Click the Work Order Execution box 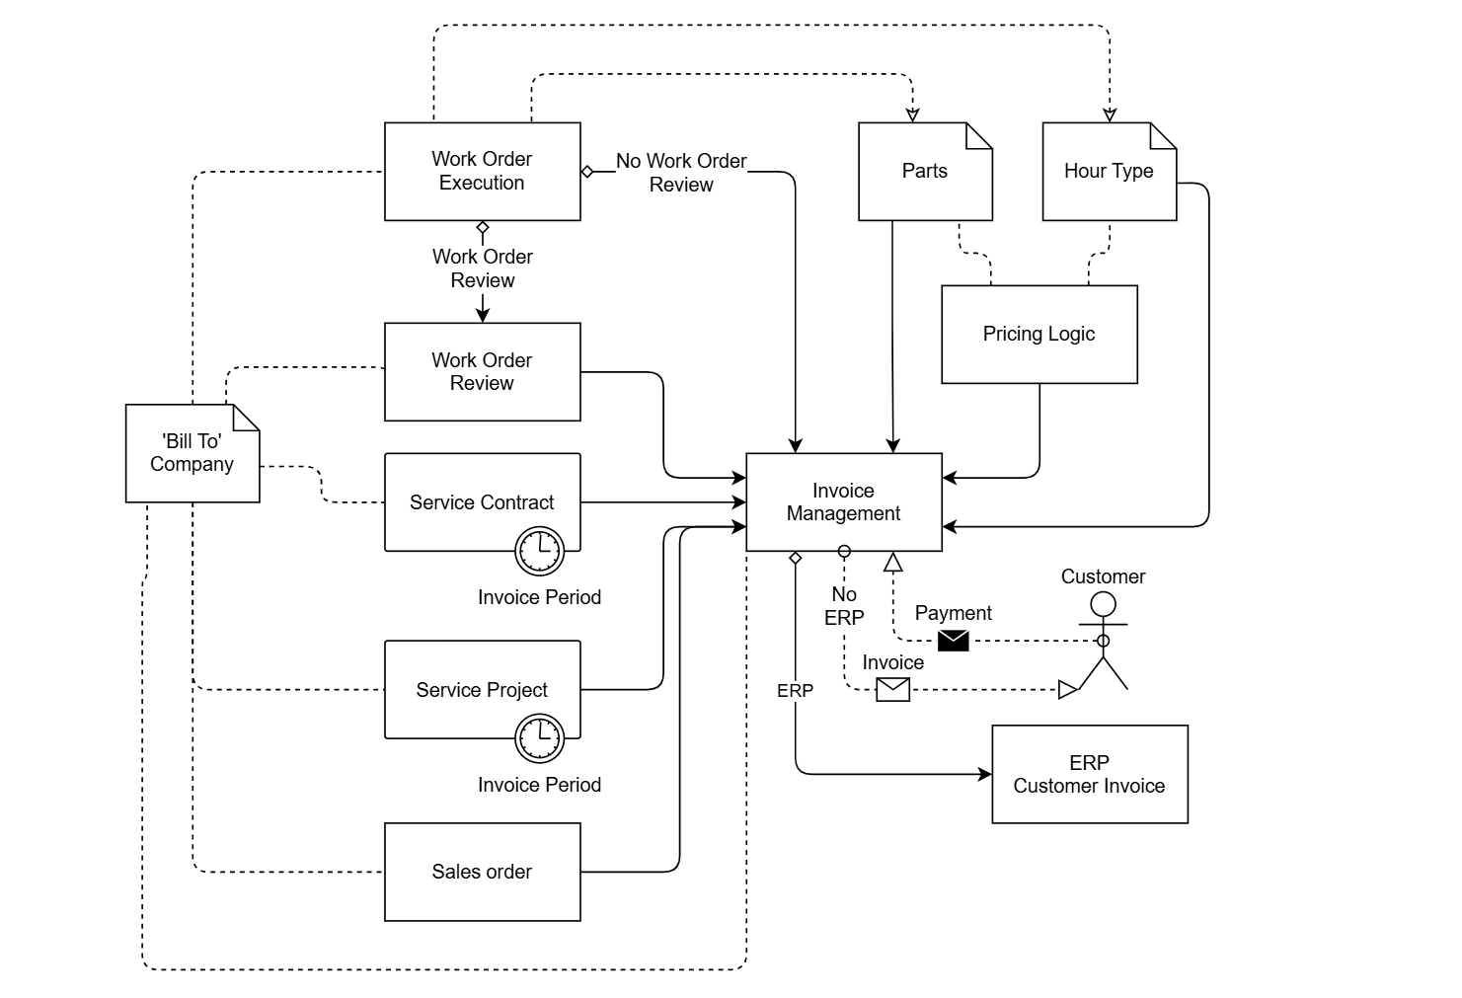pyautogui.click(x=482, y=171)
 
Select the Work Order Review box pyautogui.click(x=482, y=371)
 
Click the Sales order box pyautogui.click(x=482, y=872)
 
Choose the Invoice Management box pyautogui.click(x=843, y=502)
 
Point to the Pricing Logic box pyautogui.click(x=1039, y=334)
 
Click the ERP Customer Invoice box pyautogui.click(x=1089, y=774)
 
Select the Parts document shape pyautogui.click(x=925, y=172)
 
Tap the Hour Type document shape pyautogui.click(x=1109, y=172)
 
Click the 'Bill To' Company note pyautogui.click(x=192, y=453)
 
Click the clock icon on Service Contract pyautogui.click(x=539, y=550)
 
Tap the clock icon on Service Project pyautogui.click(x=539, y=737)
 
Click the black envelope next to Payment pyautogui.click(x=953, y=641)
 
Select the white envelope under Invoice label pyautogui.click(x=892, y=689)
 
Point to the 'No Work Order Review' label pyautogui.click(x=681, y=173)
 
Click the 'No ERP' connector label pyautogui.click(x=844, y=605)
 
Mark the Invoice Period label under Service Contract pyautogui.click(x=539, y=597)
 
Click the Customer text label pyautogui.click(x=1103, y=576)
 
